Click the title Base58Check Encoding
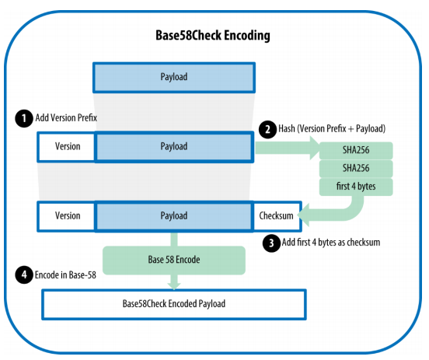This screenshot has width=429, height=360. (x=213, y=36)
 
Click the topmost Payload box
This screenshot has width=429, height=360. (x=174, y=78)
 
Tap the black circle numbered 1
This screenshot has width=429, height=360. (x=24, y=118)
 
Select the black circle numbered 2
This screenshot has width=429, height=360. (x=267, y=129)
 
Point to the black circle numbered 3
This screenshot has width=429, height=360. (x=271, y=243)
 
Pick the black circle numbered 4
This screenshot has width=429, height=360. (x=24, y=274)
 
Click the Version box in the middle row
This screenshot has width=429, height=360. (x=67, y=147)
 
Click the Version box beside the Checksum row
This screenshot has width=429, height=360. (x=67, y=217)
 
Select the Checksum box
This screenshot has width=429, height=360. (x=277, y=217)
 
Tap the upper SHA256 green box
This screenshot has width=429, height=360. (x=356, y=150)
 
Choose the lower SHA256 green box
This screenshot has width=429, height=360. (x=356, y=169)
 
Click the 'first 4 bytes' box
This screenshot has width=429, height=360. (x=356, y=187)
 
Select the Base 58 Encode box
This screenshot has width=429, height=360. (x=174, y=260)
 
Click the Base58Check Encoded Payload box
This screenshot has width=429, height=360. (x=174, y=304)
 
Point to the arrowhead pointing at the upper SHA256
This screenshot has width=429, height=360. (x=315, y=148)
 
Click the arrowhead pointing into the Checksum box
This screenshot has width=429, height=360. (x=303, y=215)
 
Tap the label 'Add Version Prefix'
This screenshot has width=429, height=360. (x=66, y=118)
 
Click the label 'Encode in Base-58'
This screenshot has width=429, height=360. (x=65, y=274)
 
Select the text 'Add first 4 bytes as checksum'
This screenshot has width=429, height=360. (x=331, y=243)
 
